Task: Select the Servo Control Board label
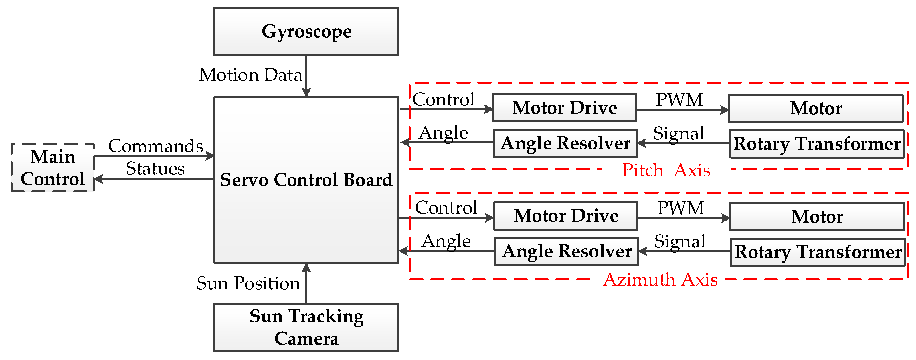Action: point(306,180)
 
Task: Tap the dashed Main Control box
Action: point(53,168)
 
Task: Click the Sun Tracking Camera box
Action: point(306,327)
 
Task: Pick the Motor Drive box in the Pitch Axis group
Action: point(564,108)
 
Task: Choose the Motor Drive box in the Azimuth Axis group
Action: point(566,216)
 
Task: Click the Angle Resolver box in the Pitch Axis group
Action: point(565,143)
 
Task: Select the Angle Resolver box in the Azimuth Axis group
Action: point(567,251)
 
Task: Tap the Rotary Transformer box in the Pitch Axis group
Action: point(816,144)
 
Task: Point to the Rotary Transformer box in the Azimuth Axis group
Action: point(818,252)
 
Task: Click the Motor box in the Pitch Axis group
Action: point(816,109)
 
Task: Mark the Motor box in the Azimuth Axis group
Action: point(817,217)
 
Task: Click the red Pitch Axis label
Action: point(666,170)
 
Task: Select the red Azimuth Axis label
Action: point(660,280)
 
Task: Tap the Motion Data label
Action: point(250,75)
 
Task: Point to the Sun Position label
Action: point(248,284)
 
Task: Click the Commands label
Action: point(155,146)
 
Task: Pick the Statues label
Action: point(155,169)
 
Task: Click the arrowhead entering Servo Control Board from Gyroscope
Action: point(306,93)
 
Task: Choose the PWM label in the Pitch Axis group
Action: point(679,100)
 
